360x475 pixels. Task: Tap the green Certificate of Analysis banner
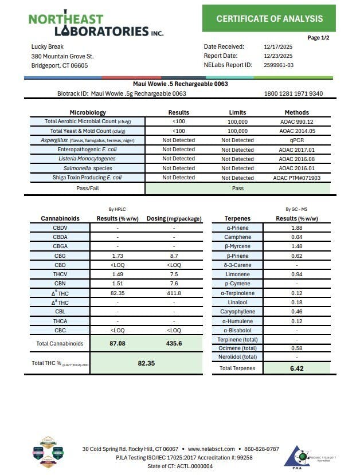[x=269, y=19]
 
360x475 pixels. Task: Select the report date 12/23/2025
[x=278, y=56]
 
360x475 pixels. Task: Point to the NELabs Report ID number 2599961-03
[x=277, y=65]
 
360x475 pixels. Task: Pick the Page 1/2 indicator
[x=318, y=38]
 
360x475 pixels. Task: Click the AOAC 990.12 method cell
[x=296, y=121]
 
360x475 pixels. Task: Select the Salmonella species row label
[x=88, y=168]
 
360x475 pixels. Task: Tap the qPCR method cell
[x=296, y=140]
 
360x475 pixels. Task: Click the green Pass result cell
[x=237, y=188]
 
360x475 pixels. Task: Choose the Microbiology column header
[x=88, y=112]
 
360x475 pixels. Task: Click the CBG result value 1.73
[x=118, y=256]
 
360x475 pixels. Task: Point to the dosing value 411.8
[x=174, y=293]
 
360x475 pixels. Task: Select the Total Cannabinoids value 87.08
[x=118, y=343]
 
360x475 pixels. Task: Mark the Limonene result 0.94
[x=296, y=274]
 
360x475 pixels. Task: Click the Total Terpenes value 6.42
[x=296, y=368]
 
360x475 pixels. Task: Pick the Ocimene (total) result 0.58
[x=296, y=348]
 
